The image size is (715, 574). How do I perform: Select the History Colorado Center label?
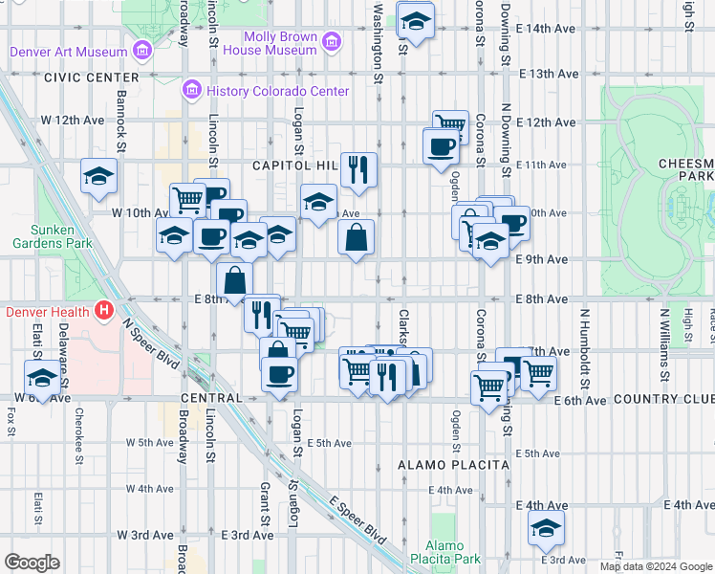(274, 92)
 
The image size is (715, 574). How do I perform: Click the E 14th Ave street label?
(546, 29)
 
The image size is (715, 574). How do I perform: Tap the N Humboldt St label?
(582, 335)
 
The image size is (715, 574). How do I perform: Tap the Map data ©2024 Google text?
(657, 566)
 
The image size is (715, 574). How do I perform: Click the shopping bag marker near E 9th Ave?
(356, 238)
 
